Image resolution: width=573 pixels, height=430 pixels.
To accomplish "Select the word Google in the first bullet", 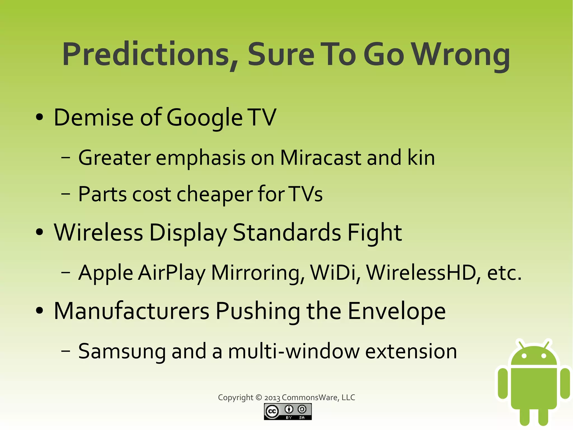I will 204,118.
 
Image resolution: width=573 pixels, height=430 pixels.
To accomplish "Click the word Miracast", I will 321,158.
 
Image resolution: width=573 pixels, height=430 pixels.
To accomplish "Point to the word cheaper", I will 215,194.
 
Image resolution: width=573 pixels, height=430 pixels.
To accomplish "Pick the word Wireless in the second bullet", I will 98,233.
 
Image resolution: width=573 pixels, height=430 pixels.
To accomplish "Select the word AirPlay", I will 172,273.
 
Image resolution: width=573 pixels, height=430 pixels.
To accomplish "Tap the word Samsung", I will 122,351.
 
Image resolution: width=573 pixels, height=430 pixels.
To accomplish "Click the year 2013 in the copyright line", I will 272,398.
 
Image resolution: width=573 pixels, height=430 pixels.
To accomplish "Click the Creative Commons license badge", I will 288,412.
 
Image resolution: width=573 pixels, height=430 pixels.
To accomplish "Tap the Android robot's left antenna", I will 520,344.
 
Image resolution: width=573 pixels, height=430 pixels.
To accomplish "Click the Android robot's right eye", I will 544,356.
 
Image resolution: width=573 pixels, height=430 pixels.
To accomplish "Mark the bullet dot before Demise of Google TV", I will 40,118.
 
